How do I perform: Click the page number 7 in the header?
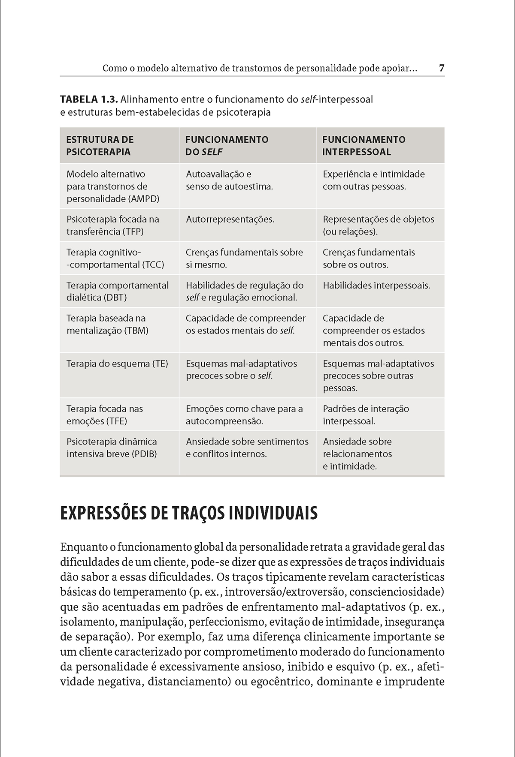[x=442, y=68]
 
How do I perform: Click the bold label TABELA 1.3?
[x=89, y=100]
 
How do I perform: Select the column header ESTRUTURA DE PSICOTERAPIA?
[x=100, y=145]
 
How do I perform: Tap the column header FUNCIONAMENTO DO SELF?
[x=227, y=145]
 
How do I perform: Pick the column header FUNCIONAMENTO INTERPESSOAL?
[x=364, y=145]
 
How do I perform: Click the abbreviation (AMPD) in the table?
[x=144, y=199]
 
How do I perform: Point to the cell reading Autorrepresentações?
[x=230, y=219]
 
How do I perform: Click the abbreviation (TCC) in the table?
[x=153, y=265]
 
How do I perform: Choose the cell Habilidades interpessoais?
[x=376, y=285]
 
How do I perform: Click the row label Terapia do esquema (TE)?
[x=117, y=364]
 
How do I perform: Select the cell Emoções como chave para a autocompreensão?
[x=244, y=415]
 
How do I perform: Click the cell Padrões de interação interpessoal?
[x=366, y=415]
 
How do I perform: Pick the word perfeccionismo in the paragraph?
[x=224, y=622]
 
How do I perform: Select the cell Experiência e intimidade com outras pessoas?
[x=373, y=180]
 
